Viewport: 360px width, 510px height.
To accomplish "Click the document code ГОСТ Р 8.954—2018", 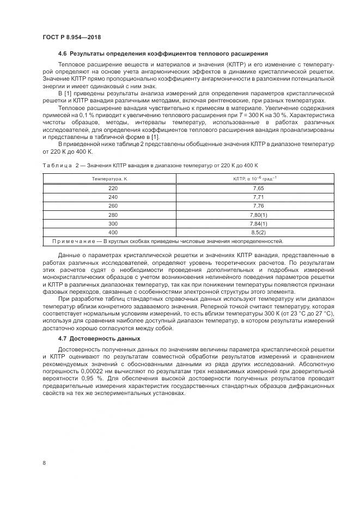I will point(71,37).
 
